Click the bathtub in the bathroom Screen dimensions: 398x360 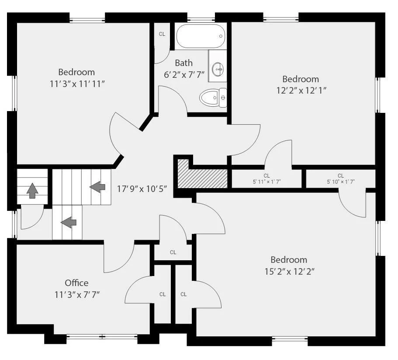point(201,36)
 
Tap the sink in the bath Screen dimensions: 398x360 point(217,69)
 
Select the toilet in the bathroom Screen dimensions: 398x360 point(213,98)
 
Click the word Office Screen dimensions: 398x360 point(76,283)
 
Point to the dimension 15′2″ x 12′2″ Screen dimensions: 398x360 point(290,272)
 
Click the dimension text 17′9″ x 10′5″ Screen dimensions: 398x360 point(142,189)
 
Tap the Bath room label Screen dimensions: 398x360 point(184,63)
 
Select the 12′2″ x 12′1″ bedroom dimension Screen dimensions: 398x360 point(301,91)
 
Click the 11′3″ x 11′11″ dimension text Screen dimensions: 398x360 point(77,84)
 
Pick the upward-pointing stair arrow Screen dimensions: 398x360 point(32,190)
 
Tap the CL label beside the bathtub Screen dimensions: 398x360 point(162,34)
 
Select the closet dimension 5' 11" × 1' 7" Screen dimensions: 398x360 point(266,182)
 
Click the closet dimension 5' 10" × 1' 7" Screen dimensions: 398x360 point(341,182)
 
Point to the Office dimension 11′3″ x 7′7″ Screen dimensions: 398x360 point(77,295)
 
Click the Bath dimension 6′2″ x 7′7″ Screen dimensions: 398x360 point(184,75)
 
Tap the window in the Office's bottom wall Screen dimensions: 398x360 point(102,337)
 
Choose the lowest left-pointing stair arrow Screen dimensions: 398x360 point(69,222)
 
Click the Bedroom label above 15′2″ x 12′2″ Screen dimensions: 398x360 point(289,260)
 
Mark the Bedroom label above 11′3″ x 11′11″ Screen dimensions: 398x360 point(76,72)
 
